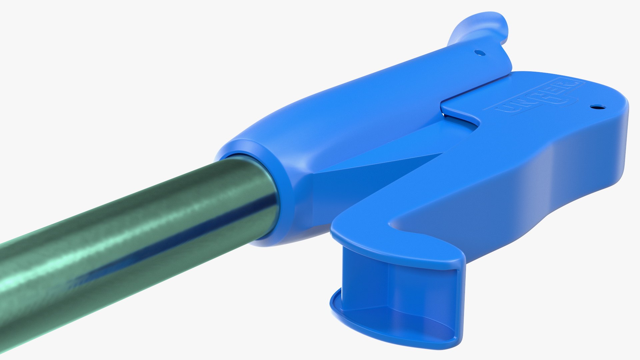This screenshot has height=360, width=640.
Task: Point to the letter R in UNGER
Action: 569,85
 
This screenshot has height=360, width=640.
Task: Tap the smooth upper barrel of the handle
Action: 367,100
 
